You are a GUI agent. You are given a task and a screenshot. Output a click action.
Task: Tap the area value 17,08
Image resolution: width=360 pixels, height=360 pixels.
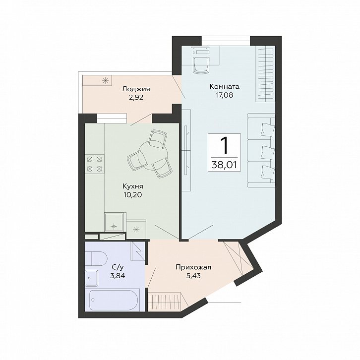tap(224, 95)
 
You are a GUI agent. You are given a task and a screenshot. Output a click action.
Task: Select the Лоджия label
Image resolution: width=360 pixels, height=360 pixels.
tap(136, 89)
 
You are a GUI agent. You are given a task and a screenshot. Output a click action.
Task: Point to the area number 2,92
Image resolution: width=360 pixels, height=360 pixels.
tap(136, 97)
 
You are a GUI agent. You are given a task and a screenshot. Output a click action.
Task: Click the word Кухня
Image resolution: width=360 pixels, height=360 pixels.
tap(133, 186)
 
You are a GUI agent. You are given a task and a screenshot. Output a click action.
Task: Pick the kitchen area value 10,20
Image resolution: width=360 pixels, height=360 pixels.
tap(133, 195)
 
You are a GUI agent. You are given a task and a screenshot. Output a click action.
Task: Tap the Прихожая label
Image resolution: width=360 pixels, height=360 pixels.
tap(193, 267)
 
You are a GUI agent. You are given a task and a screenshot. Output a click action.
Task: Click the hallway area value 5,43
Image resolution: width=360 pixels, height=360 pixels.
tap(193, 276)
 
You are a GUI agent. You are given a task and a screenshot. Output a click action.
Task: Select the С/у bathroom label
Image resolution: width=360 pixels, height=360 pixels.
tap(118, 267)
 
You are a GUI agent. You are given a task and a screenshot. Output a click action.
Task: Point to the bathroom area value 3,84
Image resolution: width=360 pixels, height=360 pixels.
tap(118, 276)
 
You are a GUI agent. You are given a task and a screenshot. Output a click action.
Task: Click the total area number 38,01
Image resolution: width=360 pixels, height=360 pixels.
tap(224, 165)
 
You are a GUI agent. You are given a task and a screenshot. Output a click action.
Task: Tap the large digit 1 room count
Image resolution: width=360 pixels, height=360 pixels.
tap(224, 145)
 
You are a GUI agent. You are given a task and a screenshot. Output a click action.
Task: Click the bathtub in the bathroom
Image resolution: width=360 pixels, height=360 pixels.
tap(114, 300)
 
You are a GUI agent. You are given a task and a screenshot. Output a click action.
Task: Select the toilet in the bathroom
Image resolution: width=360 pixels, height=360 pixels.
tap(96, 258)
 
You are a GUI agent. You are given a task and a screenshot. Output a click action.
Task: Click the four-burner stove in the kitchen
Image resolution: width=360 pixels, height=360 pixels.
tap(94, 164)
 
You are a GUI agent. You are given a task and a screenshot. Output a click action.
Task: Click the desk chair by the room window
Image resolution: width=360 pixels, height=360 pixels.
tap(202, 65)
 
